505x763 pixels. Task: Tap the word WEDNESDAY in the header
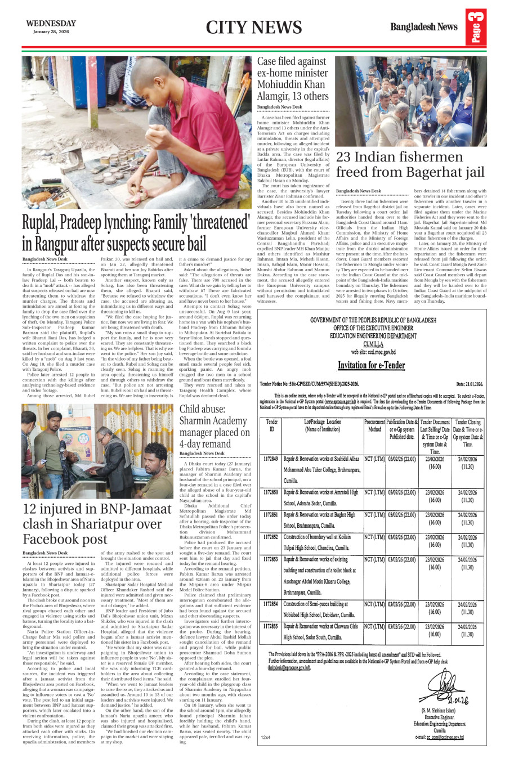pos(51,24)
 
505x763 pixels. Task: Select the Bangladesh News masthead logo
pos(423,26)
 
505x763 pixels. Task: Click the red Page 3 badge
pos(476,28)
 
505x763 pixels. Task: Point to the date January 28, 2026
pos(51,32)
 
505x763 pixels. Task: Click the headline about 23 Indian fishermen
pos(410,164)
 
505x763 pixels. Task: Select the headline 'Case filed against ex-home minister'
pos(293,78)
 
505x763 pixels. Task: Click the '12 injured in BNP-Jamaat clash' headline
pos(97,524)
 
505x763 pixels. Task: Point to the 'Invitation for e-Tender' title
pos(371,365)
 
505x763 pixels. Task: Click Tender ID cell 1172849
pos(271,459)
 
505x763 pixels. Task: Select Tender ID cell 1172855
pos(271,626)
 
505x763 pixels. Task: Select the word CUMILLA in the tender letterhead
pos(373,343)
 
